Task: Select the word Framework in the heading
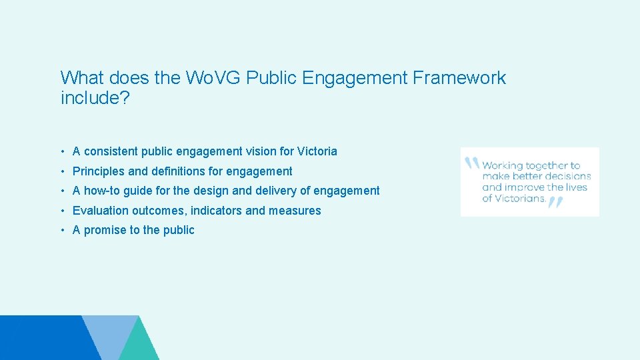pos(459,78)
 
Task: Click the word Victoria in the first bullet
pos(317,151)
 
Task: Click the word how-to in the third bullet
pos(101,191)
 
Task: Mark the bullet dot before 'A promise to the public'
pos(62,230)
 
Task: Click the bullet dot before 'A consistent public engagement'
pos(62,151)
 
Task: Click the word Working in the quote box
pos(503,165)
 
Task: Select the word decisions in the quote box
pos(567,177)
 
